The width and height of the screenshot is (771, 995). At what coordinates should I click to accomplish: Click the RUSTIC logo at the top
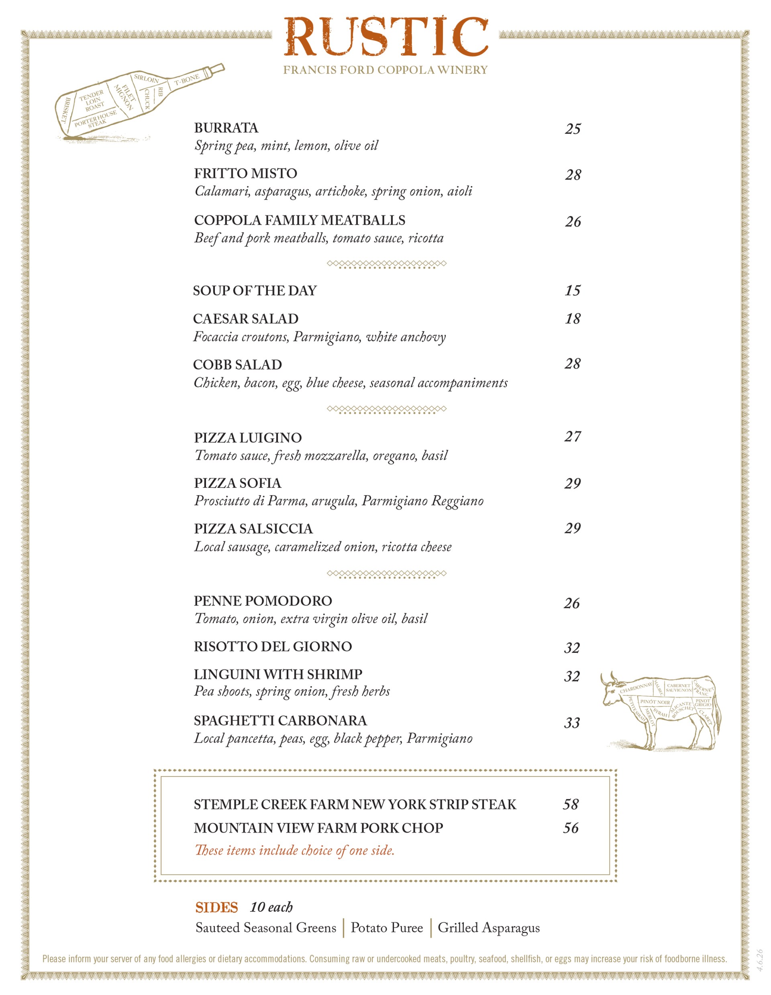coord(385,37)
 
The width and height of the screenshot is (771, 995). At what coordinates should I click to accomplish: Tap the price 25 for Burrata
coord(572,129)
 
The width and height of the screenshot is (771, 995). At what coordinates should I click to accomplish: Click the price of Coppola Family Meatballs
coord(573,222)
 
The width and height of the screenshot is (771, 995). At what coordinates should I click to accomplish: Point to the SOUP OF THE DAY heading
coord(254,291)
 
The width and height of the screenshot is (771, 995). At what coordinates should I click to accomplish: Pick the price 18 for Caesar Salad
coord(572,319)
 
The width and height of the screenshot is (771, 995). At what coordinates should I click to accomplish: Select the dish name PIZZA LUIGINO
coord(247,438)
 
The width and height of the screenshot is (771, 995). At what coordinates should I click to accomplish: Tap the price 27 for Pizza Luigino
coord(572,436)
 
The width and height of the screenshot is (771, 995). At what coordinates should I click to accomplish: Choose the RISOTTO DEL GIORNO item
coord(273,646)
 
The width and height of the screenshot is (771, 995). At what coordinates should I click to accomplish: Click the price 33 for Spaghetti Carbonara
coord(572,723)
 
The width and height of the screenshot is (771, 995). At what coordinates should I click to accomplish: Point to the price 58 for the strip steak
coord(571,804)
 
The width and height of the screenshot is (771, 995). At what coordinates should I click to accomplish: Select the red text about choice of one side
coord(294,850)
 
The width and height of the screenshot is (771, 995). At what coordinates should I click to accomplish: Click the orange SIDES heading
coord(216,907)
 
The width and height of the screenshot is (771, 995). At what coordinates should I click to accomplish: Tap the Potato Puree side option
coord(386,928)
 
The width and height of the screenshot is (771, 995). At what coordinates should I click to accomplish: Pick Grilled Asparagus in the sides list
coord(488,928)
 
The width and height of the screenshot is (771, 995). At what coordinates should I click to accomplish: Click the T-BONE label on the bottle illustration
coord(187,80)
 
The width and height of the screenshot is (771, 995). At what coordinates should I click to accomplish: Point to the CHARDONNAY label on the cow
coord(636,688)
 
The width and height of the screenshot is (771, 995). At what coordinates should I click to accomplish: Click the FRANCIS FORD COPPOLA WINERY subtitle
coord(385,70)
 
